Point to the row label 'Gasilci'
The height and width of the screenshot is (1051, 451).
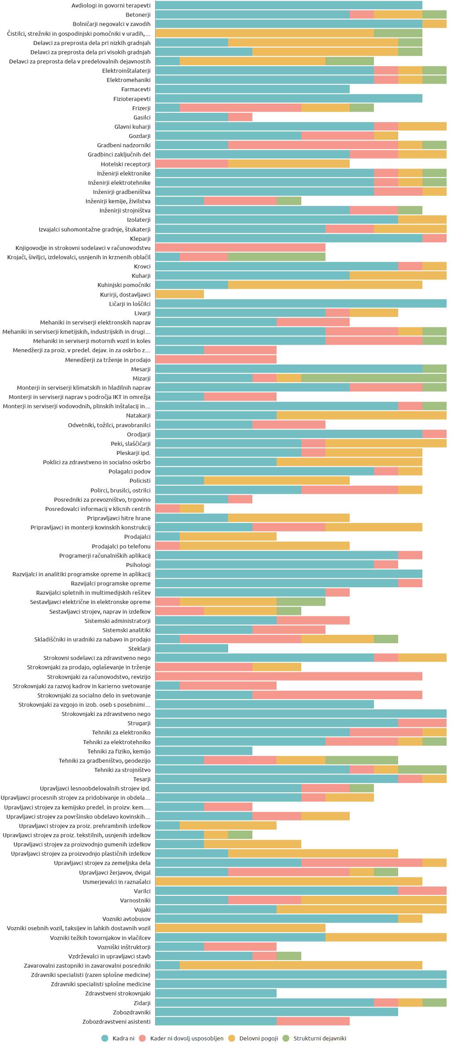coord(142,117)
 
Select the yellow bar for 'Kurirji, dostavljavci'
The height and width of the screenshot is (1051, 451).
coord(180,294)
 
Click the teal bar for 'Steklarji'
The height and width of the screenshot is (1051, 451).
coord(192,648)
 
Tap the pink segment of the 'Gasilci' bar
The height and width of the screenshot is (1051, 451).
coord(240,117)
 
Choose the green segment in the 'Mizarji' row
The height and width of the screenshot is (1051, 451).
coord(373,378)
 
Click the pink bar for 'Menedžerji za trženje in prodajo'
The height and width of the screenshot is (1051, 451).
coord(216,360)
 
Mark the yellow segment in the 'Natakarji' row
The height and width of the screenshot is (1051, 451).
coord(361,415)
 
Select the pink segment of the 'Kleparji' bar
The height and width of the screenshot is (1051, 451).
coord(434,239)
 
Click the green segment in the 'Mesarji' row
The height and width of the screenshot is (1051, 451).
coord(434,369)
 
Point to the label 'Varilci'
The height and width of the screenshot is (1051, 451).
coord(142,891)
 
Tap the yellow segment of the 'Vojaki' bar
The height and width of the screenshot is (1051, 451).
coord(361,909)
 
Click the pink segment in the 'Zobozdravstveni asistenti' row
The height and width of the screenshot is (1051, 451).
coord(313,1021)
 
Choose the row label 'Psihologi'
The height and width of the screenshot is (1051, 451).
coord(138,565)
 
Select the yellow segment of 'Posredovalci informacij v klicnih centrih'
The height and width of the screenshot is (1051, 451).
coord(192,509)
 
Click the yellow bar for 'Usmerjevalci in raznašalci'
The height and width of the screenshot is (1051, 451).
coord(288,882)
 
